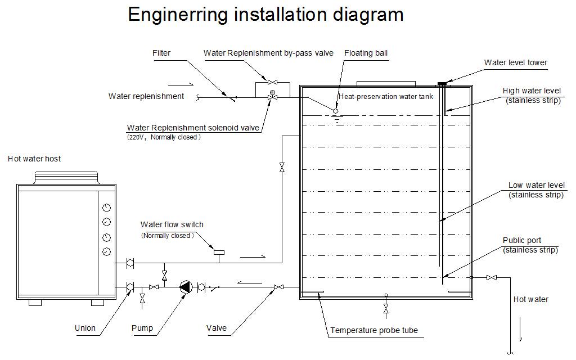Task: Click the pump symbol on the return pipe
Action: [186, 287]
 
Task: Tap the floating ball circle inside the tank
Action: [335, 111]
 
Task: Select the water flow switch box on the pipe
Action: [219, 253]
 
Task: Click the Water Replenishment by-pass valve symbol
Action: [272, 82]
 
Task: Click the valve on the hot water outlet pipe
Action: [492, 278]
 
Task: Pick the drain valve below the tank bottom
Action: [386, 309]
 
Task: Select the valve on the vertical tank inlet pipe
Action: [282, 168]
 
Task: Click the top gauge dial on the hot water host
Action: [106, 208]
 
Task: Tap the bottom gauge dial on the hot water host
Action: [106, 251]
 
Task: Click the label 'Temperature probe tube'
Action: [374, 330]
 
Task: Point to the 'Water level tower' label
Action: [515, 62]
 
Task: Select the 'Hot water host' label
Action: [34, 159]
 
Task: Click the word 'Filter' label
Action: [161, 53]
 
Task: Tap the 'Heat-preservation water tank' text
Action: [386, 96]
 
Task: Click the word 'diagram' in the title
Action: [368, 15]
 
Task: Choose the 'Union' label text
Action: [85, 328]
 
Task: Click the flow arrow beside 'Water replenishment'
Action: [186, 84]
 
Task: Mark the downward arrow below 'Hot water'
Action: [520, 330]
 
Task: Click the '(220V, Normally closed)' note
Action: [164, 137]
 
